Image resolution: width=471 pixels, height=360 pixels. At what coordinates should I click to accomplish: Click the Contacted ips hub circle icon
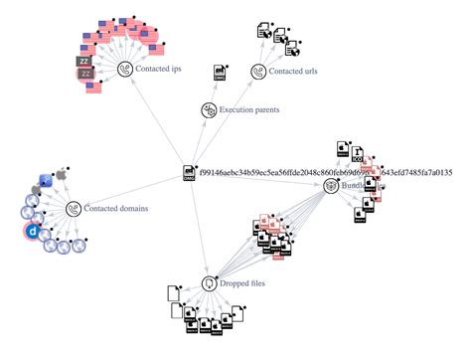click(125, 69)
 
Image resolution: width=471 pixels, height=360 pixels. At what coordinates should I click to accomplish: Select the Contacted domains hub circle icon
click(73, 208)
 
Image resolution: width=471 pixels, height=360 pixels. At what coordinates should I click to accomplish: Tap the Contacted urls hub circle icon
click(258, 72)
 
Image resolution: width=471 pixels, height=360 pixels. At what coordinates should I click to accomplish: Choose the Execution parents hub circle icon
click(210, 109)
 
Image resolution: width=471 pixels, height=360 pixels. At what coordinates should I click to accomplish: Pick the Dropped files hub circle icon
click(210, 283)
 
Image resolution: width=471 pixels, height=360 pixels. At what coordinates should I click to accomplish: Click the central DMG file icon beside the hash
click(188, 173)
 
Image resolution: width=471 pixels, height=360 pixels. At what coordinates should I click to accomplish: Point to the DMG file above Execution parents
click(221, 72)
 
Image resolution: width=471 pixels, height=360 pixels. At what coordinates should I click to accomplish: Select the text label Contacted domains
click(116, 209)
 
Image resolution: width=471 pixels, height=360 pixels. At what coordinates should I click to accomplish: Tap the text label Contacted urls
click(298, 73)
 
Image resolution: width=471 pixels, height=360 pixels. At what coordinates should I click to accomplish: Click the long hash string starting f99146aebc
click(328, 172)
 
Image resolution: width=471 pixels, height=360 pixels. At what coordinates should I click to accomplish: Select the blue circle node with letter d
click(32, 232)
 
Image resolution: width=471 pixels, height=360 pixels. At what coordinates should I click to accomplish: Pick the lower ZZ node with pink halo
click(85, 74)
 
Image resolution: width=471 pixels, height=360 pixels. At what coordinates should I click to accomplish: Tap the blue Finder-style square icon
click(45, 182)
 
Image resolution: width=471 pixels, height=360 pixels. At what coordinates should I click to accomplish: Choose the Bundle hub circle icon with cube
click(332, 185)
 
